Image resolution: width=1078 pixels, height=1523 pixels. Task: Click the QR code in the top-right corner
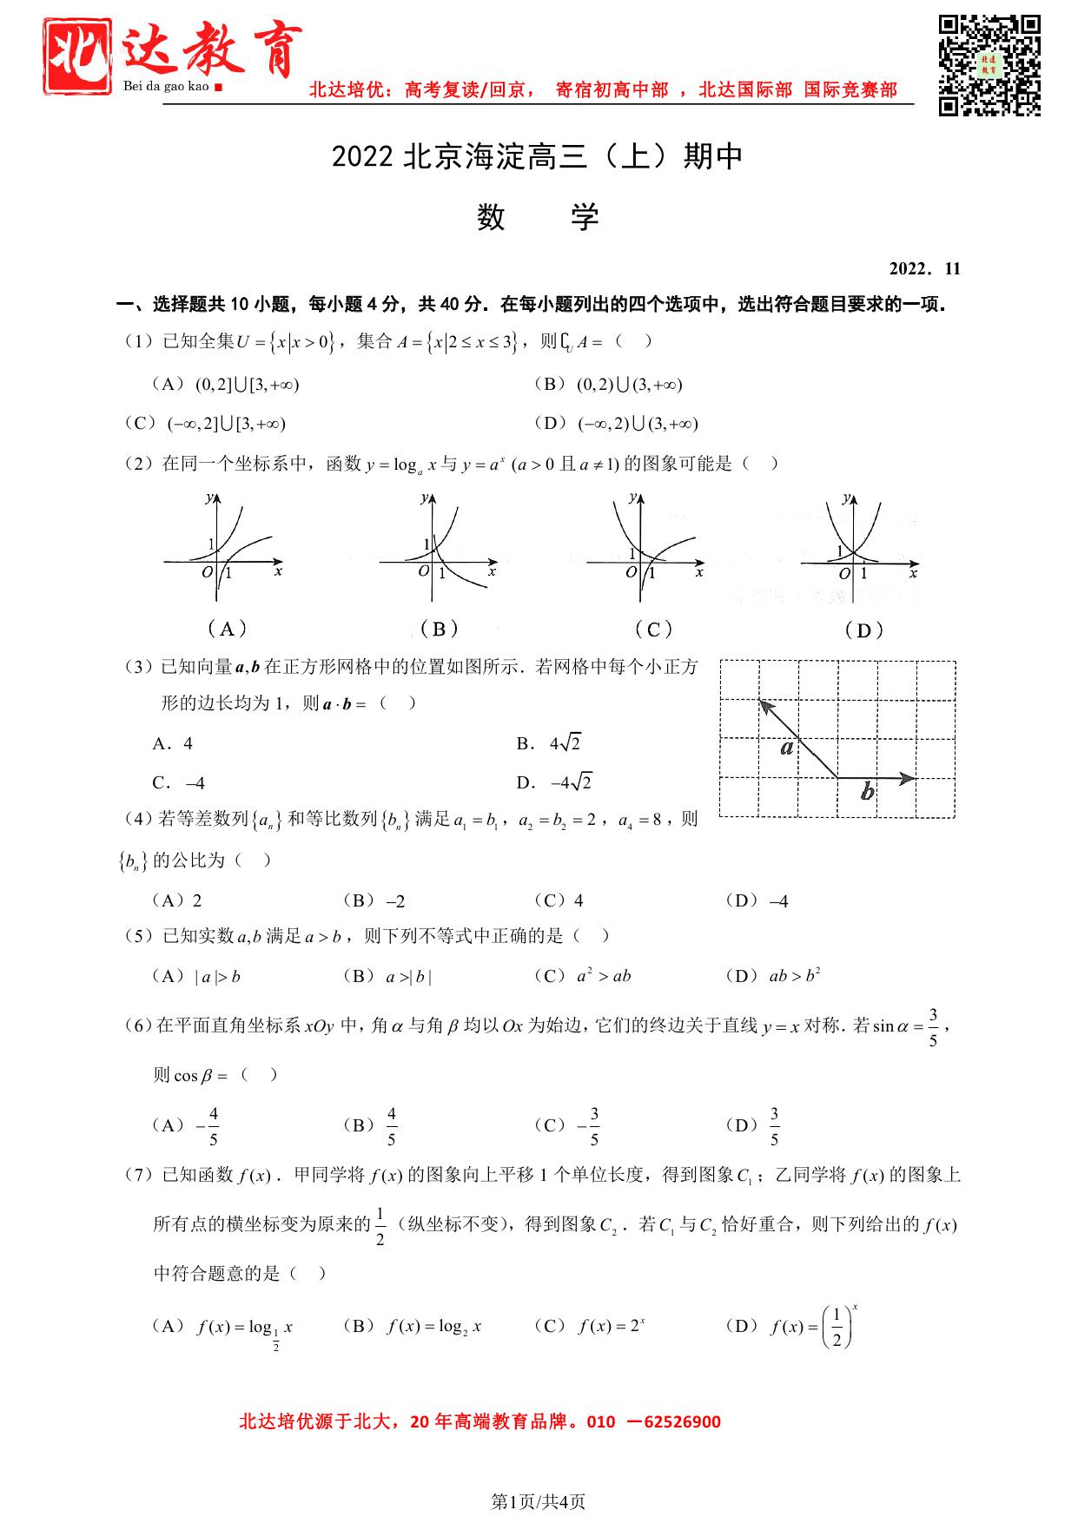pos(989,65)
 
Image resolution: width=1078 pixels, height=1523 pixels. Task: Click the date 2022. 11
pos(925,268)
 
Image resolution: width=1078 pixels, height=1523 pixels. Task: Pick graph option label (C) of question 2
pos(653,630)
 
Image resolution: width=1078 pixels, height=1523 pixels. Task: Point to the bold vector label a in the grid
pos(787,747)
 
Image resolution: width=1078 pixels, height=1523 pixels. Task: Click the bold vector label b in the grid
pos(867,792)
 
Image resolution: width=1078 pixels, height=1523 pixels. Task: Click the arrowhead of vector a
pos(764,705)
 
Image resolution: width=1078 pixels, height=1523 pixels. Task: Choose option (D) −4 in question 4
pos(757,901)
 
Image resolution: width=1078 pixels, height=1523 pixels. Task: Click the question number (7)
pos(138,1175)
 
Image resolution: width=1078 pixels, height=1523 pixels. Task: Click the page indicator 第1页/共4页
pos(539,1500)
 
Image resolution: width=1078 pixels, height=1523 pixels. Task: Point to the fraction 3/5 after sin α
pos(933,1027)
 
